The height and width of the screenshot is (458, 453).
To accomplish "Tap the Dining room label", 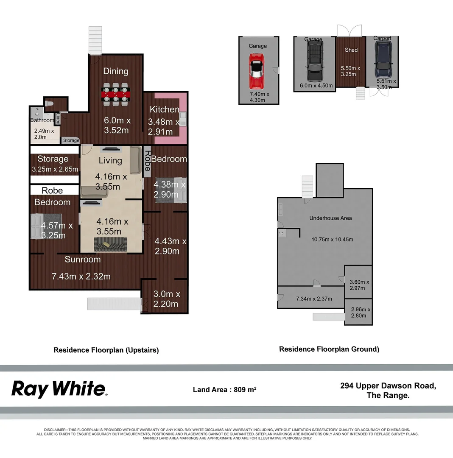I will (116, 71).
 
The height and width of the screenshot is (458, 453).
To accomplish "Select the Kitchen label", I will (164, 109).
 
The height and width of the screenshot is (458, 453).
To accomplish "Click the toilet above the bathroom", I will (49, 103).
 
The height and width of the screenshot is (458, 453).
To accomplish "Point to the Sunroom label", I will (83, 259).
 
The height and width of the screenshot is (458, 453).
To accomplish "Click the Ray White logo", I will (59, 389).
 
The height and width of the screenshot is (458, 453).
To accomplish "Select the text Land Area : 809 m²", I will (224, 389).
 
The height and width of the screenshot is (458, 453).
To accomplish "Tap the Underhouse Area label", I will (330, 218).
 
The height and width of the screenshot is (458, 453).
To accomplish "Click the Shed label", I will (351, 50).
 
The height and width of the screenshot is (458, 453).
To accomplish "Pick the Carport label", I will (382, 38).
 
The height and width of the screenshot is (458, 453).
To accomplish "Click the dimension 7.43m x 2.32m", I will (81, 276).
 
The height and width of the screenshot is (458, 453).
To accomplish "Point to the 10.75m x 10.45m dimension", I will (333, 239).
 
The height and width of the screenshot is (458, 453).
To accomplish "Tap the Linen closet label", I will (58, 119).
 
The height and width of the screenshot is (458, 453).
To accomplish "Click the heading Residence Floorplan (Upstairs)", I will (106, 350).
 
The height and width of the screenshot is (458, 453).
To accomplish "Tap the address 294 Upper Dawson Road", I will (388, 385).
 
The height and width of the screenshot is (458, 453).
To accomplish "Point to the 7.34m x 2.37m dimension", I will (313, 299).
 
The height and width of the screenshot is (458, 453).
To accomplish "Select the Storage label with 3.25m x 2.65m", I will (53, 159).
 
